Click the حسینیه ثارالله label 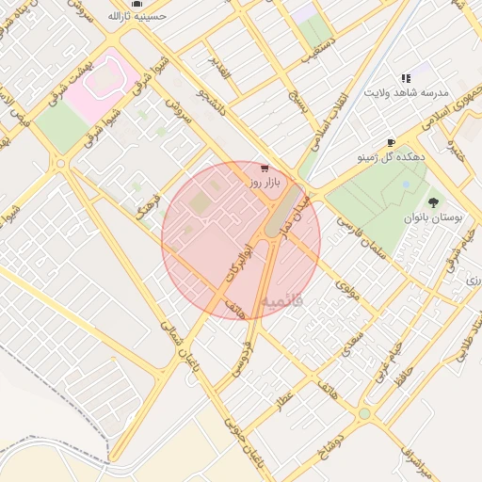tap(137, 16)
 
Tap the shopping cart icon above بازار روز tap(261, 167)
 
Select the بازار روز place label tap(266, 180)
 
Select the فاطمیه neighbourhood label tap(283, 302)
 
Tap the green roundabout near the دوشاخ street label tap(364, 412)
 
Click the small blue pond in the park tap(406, 185)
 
